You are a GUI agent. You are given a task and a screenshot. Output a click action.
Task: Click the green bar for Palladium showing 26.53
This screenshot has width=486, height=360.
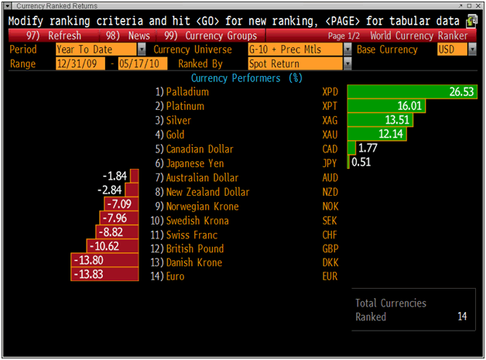(x=411, y=92)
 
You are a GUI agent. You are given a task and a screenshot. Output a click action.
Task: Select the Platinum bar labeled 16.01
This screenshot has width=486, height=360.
(x=386, y=106)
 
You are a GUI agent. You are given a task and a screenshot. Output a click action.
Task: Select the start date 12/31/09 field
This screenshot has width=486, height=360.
(x=81, y=63)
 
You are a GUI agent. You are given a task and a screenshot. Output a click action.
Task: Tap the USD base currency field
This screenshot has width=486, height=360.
(x=451, y=50)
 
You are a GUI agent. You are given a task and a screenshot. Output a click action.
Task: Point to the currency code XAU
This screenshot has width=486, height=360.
(x=330, y=135)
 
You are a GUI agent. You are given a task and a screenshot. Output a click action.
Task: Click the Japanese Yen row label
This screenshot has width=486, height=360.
(x=194, y=163)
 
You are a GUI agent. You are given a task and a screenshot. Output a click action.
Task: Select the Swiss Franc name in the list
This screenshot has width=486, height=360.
(x=191, y=235)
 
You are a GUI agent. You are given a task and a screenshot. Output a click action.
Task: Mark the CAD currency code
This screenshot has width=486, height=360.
(x=330, y=149)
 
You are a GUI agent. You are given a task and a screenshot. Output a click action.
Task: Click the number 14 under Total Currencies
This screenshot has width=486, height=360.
(x=461, y=317)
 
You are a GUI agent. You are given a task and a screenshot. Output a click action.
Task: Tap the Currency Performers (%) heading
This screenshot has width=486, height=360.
(x=246, y=78)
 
